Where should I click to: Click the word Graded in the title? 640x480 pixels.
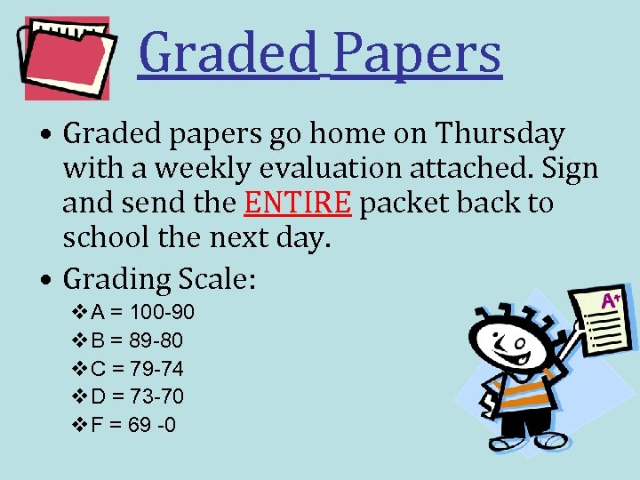pos(228,53)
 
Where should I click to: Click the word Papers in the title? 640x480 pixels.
pos(417,53)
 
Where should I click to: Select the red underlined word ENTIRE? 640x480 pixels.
pos(299,204)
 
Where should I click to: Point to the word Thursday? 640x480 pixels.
pos(501,134)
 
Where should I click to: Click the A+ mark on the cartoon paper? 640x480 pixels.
pos(611,300)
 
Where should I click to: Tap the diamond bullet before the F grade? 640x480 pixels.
pos(78,424)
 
